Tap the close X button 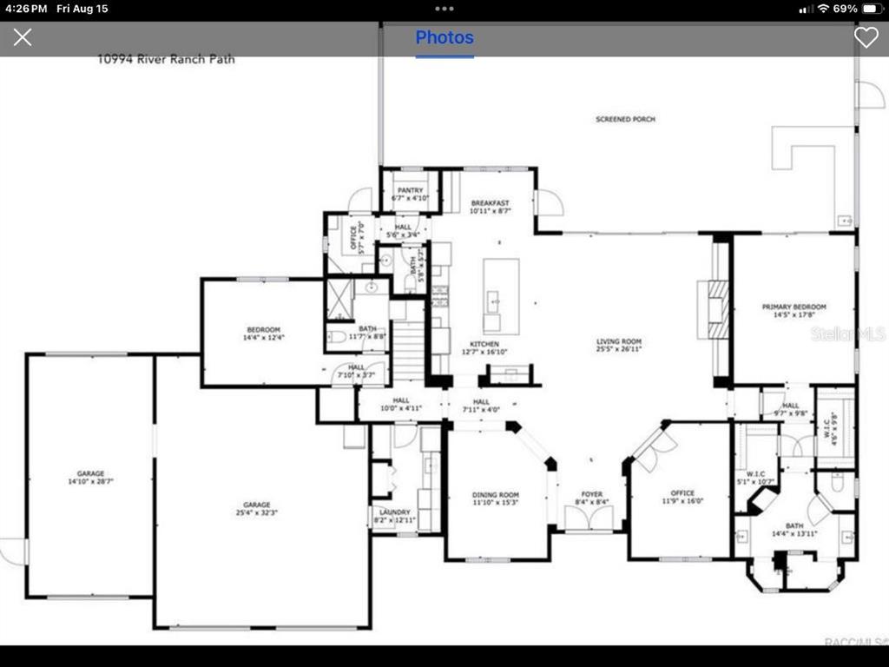(x=23, y=37)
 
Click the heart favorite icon (x=866, y=37)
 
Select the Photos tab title (x=444, y=37)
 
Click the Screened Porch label (x=625, y=119)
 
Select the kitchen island (x=501, y=295)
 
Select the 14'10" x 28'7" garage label (x=91, y=477)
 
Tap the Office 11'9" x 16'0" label (x=682, y=498)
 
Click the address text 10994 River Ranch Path (x=166, y=60)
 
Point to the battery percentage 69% (x=845, y=9)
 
